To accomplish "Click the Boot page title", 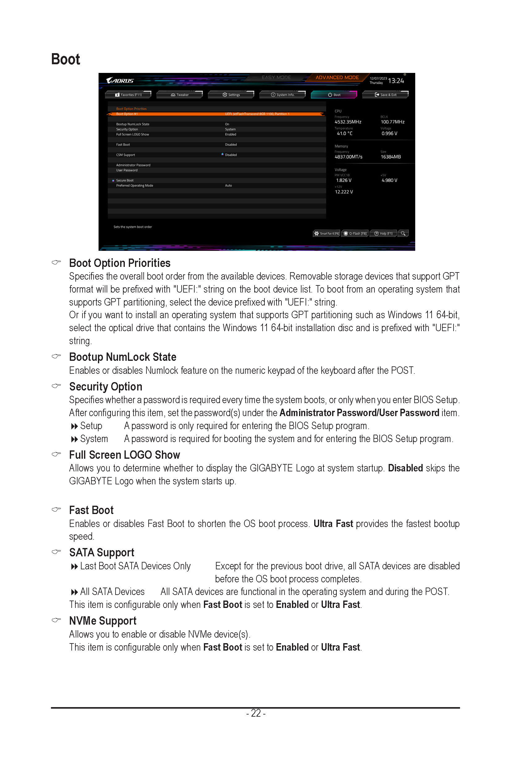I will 65,60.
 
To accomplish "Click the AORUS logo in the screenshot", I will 120,81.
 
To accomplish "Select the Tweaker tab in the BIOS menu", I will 179,95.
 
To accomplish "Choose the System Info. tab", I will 283,95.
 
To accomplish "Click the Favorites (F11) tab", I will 128,95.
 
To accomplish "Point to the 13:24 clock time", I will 396,81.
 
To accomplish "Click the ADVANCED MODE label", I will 337,78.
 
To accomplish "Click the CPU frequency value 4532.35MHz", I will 348,122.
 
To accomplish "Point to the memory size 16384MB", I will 391,157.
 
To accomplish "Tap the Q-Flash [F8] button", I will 355,233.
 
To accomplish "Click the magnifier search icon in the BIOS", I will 403,233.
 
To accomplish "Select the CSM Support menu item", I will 125,155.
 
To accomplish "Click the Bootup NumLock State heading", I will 123,357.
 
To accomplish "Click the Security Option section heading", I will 106,386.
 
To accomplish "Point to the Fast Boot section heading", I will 91,510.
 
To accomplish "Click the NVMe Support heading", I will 103,621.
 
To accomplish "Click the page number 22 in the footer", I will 256,713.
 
